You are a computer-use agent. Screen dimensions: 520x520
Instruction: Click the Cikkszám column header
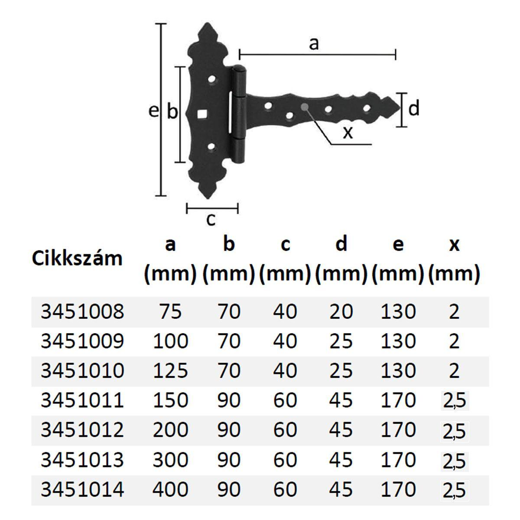coord(77,259)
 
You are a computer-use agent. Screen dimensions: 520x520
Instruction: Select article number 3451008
coord(82,312)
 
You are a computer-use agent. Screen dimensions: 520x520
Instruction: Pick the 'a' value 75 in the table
coord(170,312)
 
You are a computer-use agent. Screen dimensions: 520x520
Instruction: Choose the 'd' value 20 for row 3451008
coord(341,312)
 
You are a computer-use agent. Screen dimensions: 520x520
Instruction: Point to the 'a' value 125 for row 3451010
coord(170,370)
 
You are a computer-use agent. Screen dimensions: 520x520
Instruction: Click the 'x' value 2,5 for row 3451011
coord(455,400)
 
